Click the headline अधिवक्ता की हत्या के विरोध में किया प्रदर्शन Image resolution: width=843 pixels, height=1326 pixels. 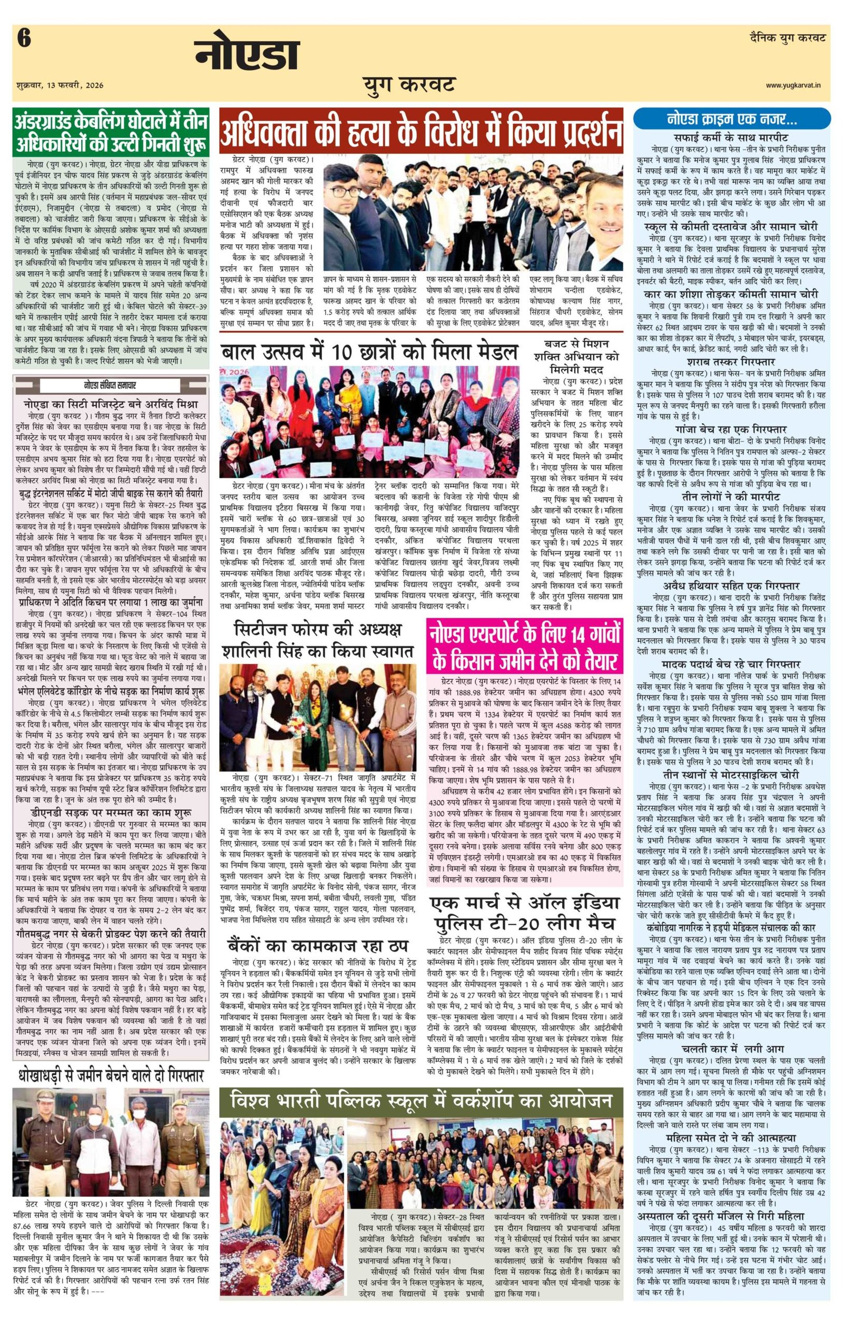click(x=421, y=130)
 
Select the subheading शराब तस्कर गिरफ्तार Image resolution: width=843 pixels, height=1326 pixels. click(x=731, y=362)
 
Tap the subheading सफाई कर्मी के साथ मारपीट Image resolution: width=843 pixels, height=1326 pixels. click(x=731, y=136)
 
